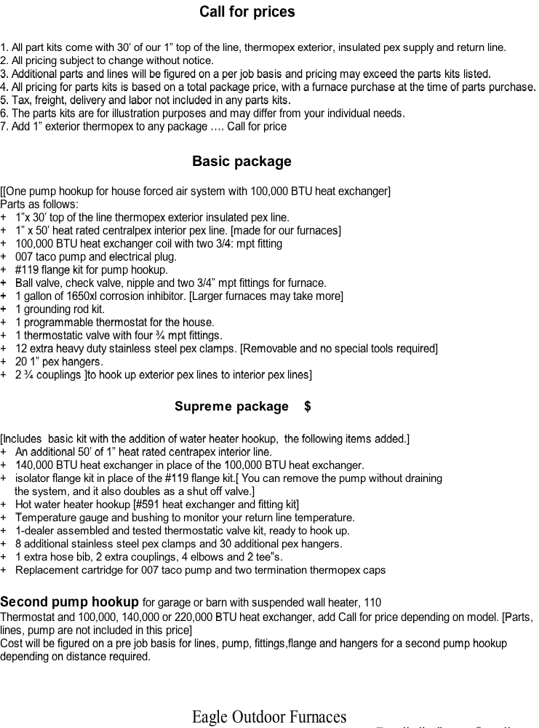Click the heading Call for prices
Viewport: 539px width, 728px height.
click(x=247, y=12)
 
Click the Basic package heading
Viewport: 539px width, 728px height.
click(x=241, y=162)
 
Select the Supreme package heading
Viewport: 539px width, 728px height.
click(x=231, y=407)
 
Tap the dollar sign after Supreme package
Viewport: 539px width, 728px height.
click(x=308, y=407)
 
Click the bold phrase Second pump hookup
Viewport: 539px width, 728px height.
click(x=69, y=602)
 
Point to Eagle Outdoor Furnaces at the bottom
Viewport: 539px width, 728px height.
click(x=269, y=717)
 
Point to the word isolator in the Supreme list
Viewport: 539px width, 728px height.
click(x=33, y=478)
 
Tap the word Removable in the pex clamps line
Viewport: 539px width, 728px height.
click(x=268, y=349)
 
